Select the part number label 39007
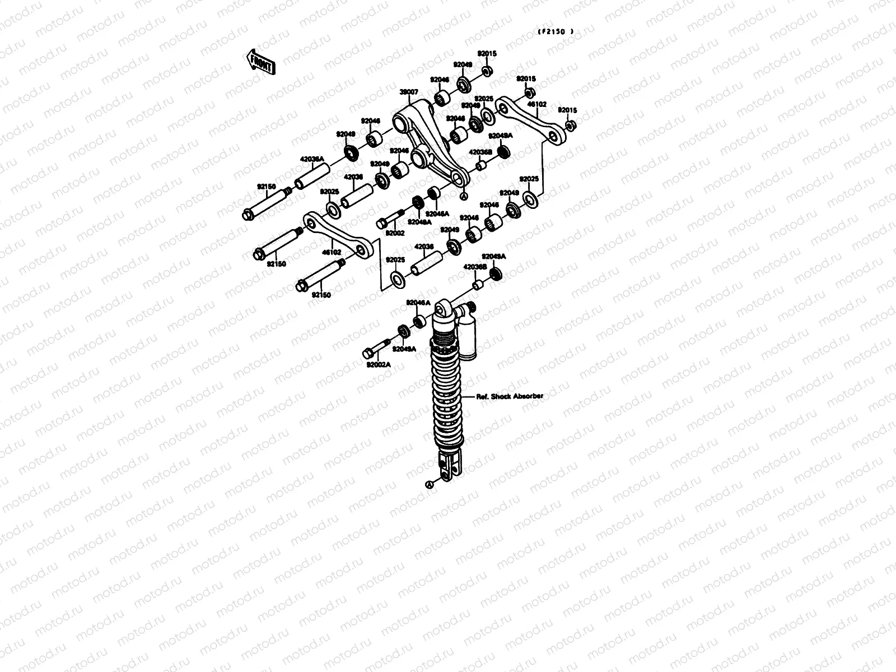[x=409, y=92]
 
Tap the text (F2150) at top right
[x=556, y=32]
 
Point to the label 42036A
[x=312, y=159]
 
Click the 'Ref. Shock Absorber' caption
[x=510, y=396]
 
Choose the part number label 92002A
[x=379, y=365]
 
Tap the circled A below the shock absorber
[x=430, y=484]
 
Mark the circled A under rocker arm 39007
[x=463, y=196]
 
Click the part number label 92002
[x=395, y=232]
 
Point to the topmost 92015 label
[x=487, y=53]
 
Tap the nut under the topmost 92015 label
[x=487, y=71]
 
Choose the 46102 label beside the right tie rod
[x=539, y=104]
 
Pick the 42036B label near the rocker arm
[x=480, y=151]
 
